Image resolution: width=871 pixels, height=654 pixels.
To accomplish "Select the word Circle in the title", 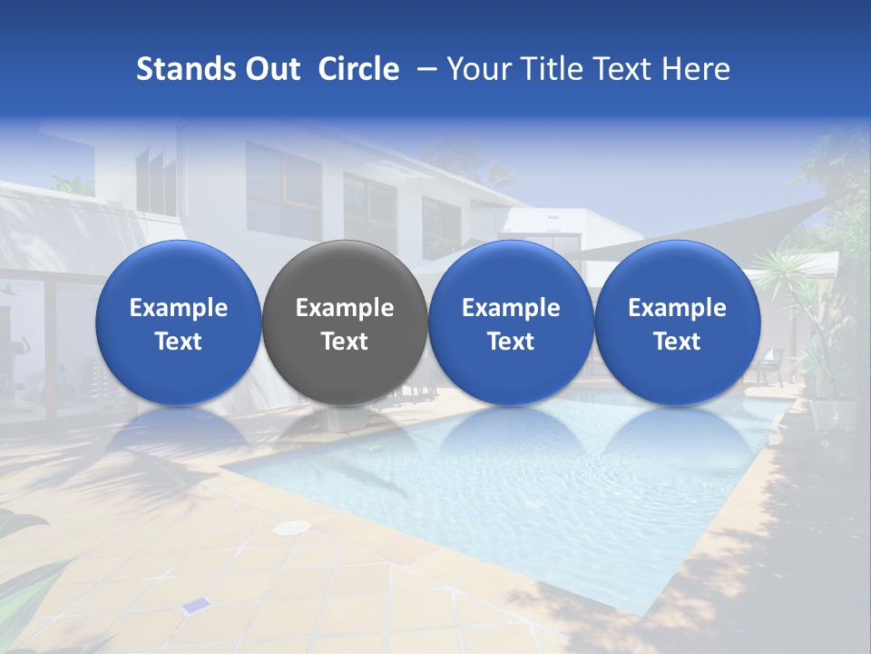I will [x=358, y=69].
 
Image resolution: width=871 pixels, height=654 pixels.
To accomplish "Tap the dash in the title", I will [x=423, y=69].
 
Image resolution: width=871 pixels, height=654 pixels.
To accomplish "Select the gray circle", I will [x=345, y=322].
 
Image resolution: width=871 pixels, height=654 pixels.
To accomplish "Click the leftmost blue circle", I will [x=179, y=322].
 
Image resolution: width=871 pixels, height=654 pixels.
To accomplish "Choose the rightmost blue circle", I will [x=677, y=322].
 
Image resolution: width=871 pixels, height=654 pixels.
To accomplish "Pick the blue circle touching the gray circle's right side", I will [x=511, y=322].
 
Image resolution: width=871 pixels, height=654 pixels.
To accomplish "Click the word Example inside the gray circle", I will [x=345, y=308].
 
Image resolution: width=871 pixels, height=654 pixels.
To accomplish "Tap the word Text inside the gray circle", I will [x=345, y=342].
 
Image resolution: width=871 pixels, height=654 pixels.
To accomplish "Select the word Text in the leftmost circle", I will [x=179, y=342].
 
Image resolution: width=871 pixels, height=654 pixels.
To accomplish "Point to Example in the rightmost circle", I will [x=677, y=308].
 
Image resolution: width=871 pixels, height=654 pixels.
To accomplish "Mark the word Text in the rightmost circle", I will [x=677, y=342].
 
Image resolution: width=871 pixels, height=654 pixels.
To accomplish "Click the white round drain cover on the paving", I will [x=291, y=528].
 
